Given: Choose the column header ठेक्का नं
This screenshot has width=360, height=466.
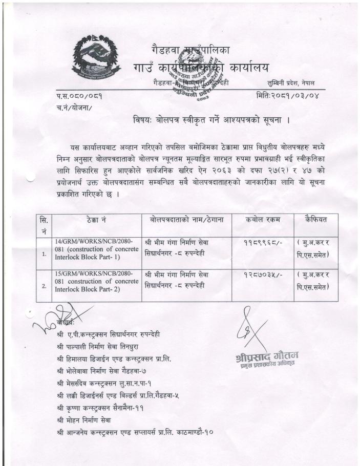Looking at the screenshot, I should [97, 220].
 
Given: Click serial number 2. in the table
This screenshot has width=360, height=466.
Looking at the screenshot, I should [44, 286].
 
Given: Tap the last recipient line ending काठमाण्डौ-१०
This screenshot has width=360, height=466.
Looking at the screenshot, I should [135, 432].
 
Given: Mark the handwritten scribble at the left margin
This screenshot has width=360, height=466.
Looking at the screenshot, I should [49, 318].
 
